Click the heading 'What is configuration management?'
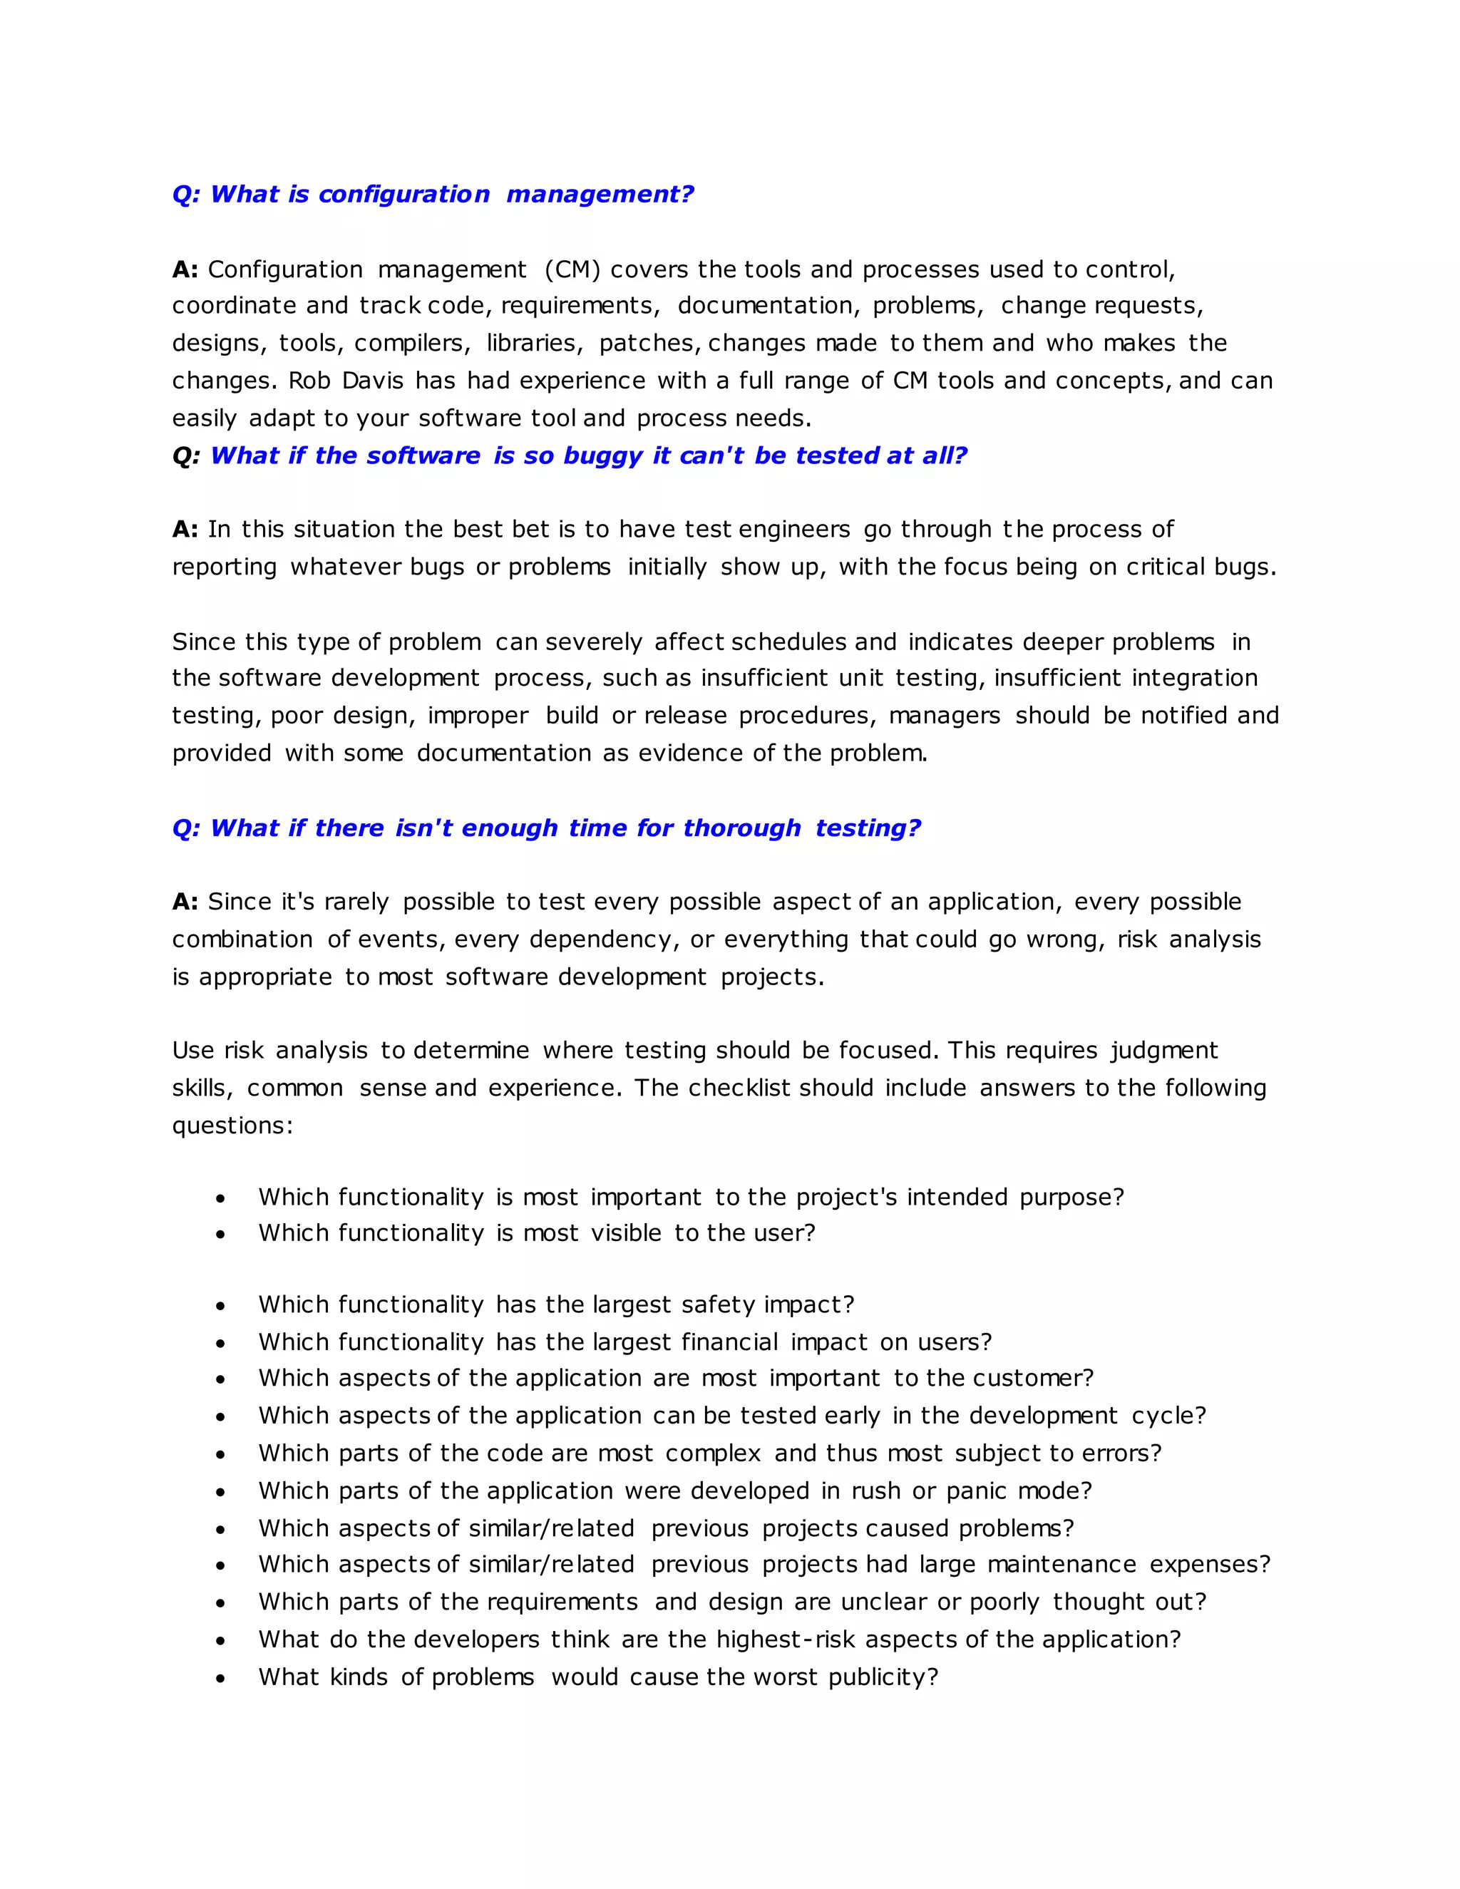pyautogui.click(x=433, y=195)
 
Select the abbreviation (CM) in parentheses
pyautogui.click(x=572, y=270)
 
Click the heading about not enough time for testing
pyautogui.click(x=547, y=828)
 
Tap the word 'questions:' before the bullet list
pyautogui.click(x=232, y=1126)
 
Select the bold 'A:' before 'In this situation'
pyautogui.click(x=185, y=530)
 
